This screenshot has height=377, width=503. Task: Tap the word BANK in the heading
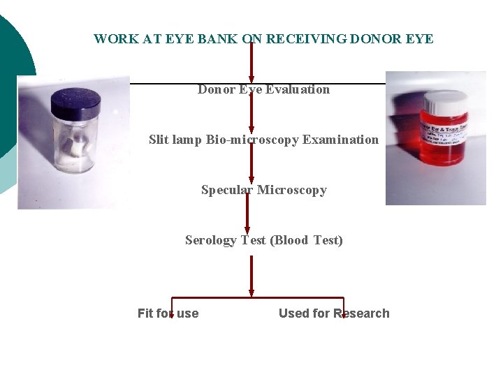click(x=218, y=39)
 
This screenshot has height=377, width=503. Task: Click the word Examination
click(x=341, y=140)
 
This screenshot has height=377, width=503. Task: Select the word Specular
click(x=227, y=190)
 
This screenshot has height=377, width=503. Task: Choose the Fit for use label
click(x=168, y=313)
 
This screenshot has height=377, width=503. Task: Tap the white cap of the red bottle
click(x=444, y=99)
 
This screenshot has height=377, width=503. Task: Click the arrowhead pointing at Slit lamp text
click(x=251, y=125)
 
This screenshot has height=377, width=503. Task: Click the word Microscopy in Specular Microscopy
click(x=292, y=190)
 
